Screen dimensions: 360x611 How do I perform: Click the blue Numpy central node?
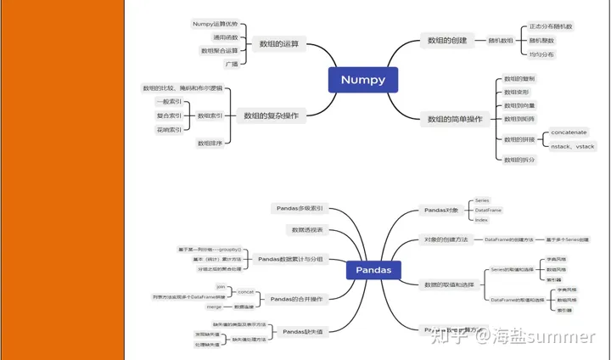pyautogui.click(x=362, y=80)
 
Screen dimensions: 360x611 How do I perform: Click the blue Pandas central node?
pyautogui.click(x=373, y=270)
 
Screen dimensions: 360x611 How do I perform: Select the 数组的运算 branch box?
pyautogui.click(x=278, y=44)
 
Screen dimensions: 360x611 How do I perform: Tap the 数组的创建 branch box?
pyautogui.click(x=446, y=40)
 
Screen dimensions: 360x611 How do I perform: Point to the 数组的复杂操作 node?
pyautogui.click(x=271, y=115)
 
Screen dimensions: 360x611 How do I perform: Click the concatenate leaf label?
pyautogui.click(x=569, y=132)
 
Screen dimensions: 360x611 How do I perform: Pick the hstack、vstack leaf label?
pyautogui.click(x=572, y=146)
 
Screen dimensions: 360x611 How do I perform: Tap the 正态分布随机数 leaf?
pyautogui.click(x=550, y=26)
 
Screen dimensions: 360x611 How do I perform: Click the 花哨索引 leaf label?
pyautogui.click(x=169, y=130)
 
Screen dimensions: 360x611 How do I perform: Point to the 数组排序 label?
pyautogui.click(x=209, y=143)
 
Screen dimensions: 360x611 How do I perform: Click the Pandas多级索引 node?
pyautogui.click(x=300, y=208)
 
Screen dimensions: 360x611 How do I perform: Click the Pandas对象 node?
pyautogui.click(x=441, y=210)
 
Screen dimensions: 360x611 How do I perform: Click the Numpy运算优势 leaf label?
pyautogui.click(x=215, y=24)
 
